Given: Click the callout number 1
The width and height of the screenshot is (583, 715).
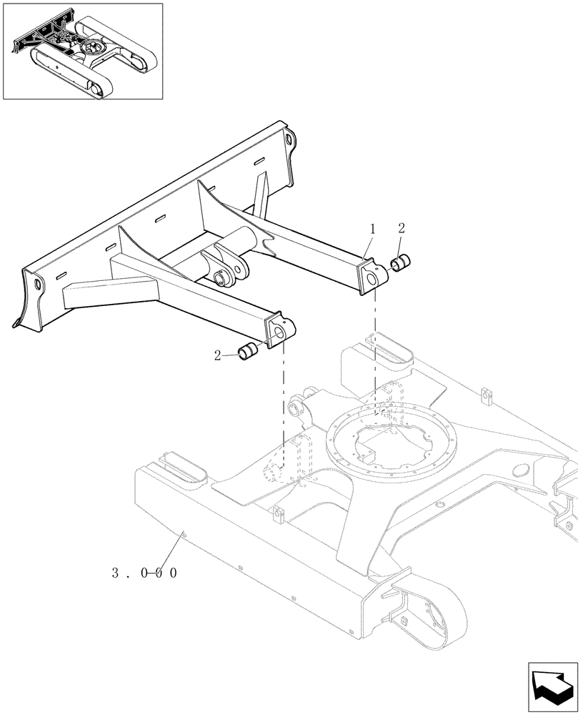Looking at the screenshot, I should pos(372,230).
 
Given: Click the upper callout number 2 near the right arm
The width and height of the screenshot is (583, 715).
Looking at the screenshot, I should pos(402,229).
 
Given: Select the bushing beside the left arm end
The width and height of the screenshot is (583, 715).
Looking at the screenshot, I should pos(249,351).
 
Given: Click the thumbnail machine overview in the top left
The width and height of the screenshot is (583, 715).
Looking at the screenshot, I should pos(82,51).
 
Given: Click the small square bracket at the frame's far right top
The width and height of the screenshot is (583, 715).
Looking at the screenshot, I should pos(487,395).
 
